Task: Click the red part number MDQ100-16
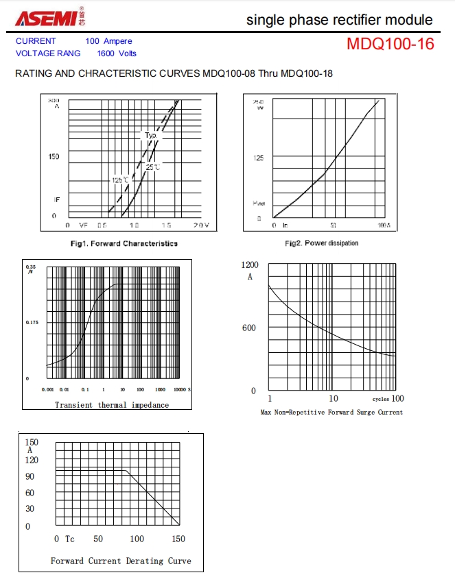pos(390,45)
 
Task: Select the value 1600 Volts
pos(117,53)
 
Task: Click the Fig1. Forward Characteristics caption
pos(124,243)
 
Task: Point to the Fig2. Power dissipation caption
pos(321,243)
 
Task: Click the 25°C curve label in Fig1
pos(152,167)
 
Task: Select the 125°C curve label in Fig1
pos(120,180)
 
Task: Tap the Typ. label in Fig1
pos(151,135)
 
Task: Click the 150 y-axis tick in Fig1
pos(54,156)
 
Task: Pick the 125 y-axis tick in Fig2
pos(259,158)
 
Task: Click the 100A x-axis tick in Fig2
pos(384,225)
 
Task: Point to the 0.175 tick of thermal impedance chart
pos(32,321)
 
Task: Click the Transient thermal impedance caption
pos(112,405)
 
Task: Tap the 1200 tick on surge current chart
pos(250,265)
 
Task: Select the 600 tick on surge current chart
pos(249,328)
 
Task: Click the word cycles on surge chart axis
pos(381,399)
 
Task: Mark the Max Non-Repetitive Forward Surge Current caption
pos(331,413)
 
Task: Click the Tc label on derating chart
pos(70,539)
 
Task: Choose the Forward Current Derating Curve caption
pos(121,561)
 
